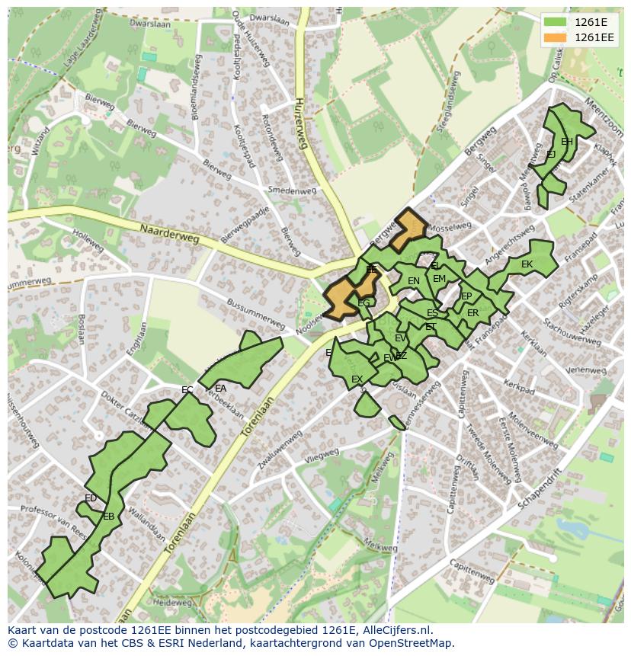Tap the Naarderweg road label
pos(169,232)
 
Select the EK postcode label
pos(527,264)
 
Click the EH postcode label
pos(566,142)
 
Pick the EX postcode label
pos(357,379)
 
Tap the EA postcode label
pos(221,388)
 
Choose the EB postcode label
pos(108,517)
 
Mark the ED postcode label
pos(91,498)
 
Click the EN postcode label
pos(414,281)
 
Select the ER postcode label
pos(472,313)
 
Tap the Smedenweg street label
pos(292,191)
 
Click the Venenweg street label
pos(585,369)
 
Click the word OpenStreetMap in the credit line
pos(412,643)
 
